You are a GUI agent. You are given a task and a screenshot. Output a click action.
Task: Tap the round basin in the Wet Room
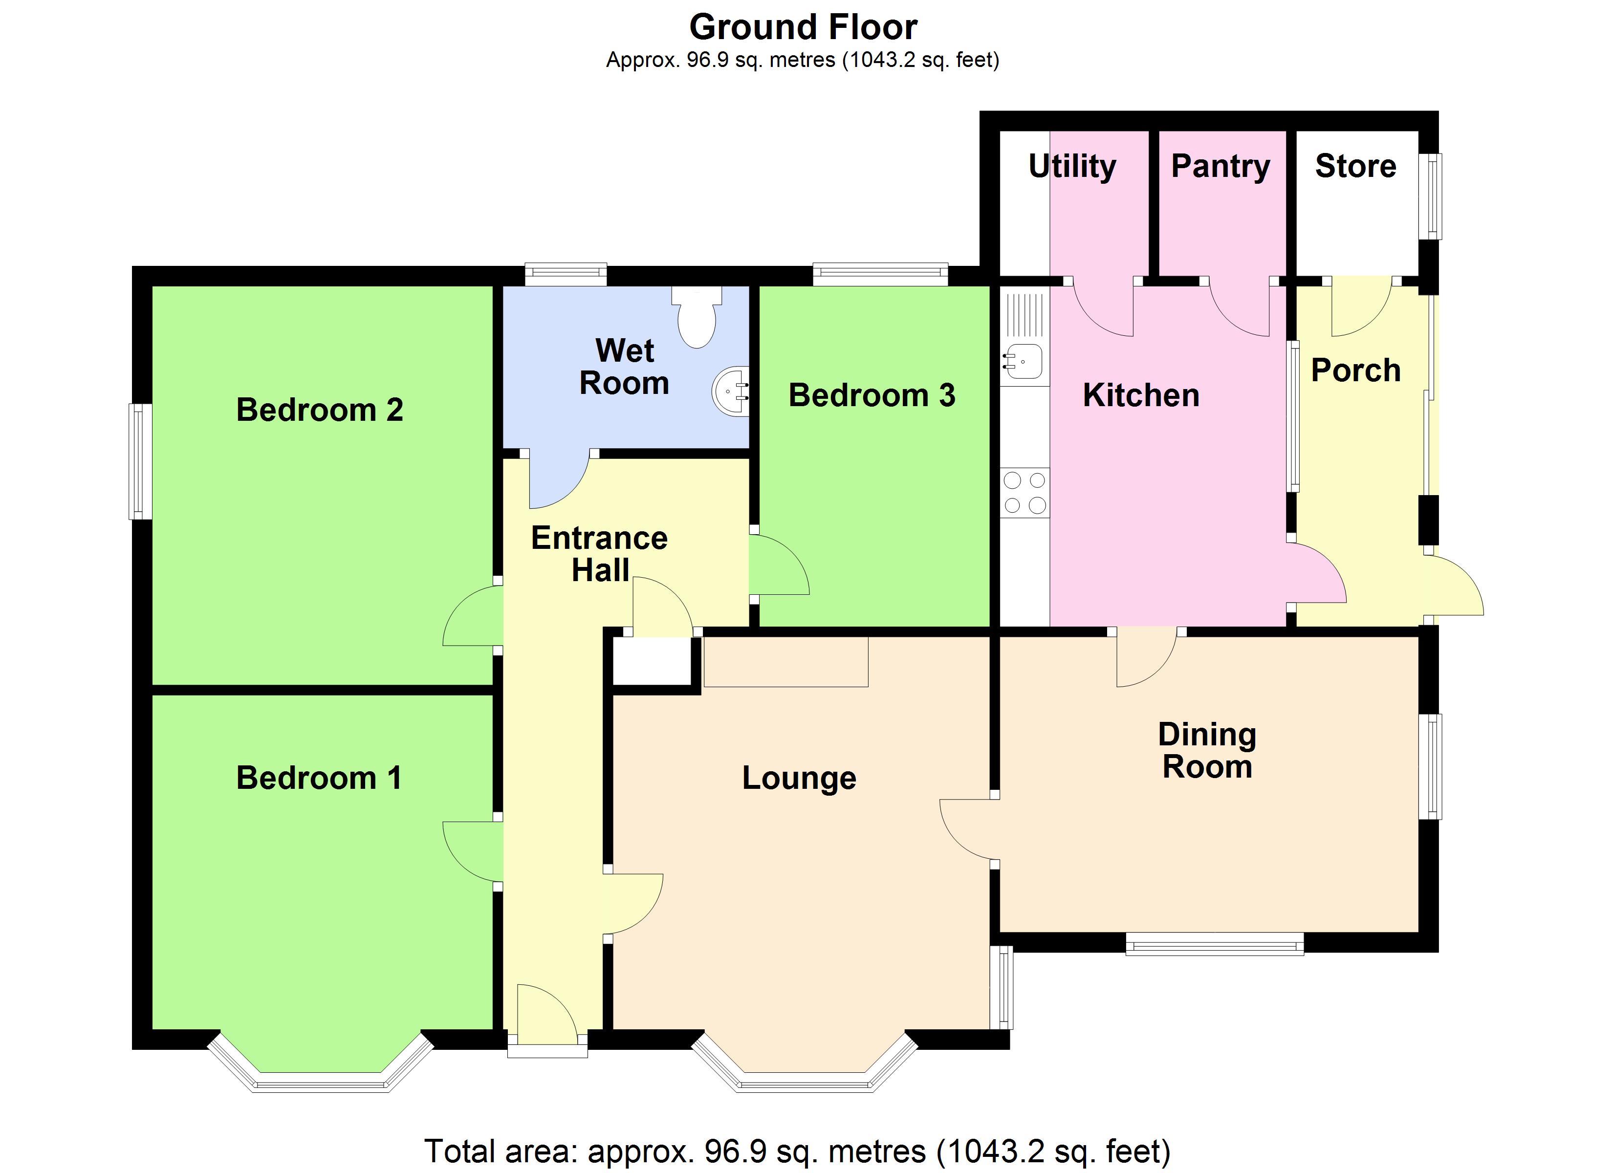pos(731,391)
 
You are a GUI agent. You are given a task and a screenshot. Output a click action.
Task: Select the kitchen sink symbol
pos(1023,361)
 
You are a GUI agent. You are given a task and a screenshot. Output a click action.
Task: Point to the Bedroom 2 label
pos(319,410)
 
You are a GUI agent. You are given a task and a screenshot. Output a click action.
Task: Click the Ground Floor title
pos(803,27)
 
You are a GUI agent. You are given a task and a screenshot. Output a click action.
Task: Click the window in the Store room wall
pos(1430,196)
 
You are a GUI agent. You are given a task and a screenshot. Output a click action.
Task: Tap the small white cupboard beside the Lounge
pos(652,661)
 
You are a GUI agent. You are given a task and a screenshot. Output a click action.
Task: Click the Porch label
pos(1355,370)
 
